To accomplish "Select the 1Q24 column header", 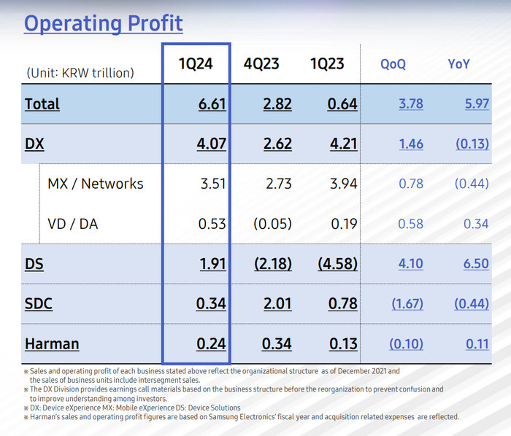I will (196, 64).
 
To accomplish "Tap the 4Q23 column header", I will (261, 64).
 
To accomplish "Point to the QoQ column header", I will (393, 64).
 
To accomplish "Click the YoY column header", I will (458, 64).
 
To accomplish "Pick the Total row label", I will (42, 104).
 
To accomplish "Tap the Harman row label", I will (52, 343).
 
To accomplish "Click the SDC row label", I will (39, 303).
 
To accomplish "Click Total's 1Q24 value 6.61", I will (212, 104).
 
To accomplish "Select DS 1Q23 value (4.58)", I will (337, 263).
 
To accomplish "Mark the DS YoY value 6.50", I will (476, 263).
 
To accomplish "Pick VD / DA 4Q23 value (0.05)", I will (272, 224).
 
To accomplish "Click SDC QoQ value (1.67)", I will (406, 303).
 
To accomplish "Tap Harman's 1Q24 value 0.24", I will (212, 343).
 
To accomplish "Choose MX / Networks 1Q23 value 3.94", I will (342, 184).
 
